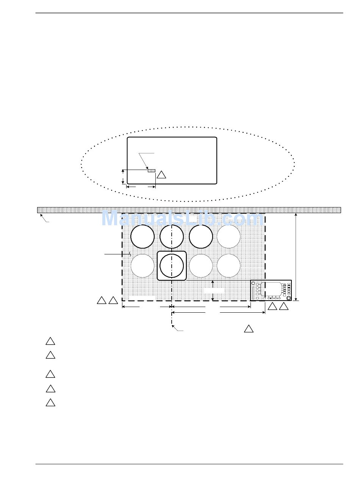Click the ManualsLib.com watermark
[182, 218]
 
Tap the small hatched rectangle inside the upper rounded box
[152, 171]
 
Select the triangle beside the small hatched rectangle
[161, 175]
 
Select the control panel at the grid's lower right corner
[271, 290]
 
